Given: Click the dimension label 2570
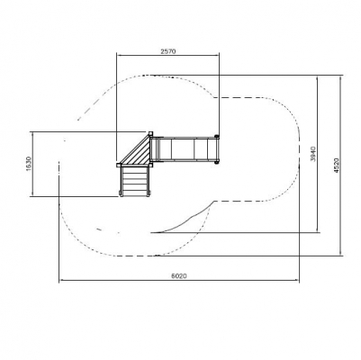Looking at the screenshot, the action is pos(167,51).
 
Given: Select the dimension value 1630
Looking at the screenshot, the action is pos(29,164).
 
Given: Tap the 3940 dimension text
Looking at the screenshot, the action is pos(313,154).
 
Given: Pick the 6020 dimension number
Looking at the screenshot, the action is pos(179,275).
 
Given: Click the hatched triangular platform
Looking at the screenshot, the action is pos(139,153).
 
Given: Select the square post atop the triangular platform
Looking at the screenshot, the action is pos(150,133).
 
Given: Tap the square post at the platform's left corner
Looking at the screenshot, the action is pos(118,165).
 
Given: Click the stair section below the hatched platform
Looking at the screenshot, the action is pos(134,181).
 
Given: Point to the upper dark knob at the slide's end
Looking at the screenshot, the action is pos(216,137).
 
